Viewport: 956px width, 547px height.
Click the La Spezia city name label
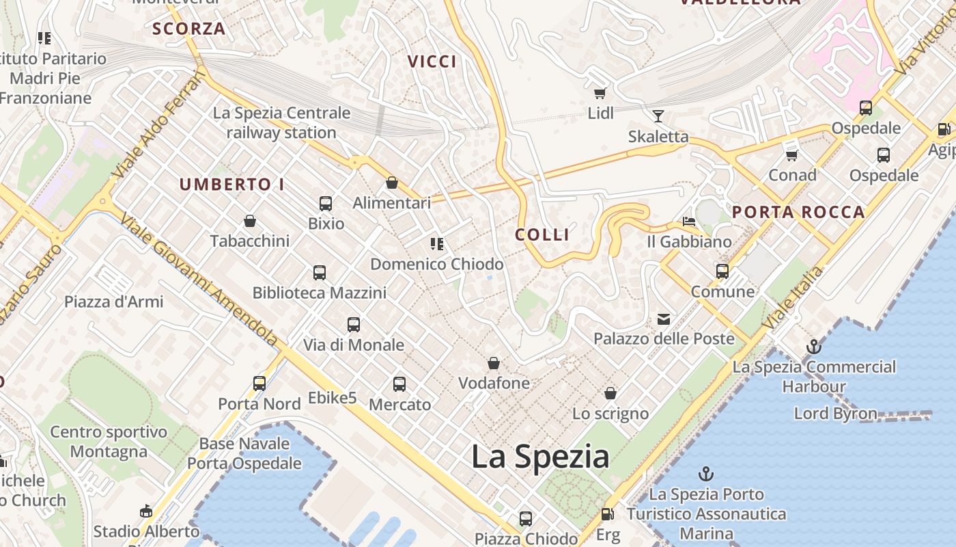[539, 457]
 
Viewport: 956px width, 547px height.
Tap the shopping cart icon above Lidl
[600, 93]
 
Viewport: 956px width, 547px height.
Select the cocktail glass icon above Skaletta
[658, 116]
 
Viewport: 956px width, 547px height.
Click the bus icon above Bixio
[326, 203]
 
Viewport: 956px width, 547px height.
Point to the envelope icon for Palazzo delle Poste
[664, 319]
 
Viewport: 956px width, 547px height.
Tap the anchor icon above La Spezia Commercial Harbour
[813, 347]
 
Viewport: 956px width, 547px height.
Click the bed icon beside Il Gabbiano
[689, 222]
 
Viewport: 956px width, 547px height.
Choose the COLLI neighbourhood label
[542, 235]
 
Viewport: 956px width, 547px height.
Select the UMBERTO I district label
[231, 185]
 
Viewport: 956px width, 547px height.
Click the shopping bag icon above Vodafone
[494, 363]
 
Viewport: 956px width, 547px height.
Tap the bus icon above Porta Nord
[259, 384]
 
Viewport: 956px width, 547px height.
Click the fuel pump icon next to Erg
[607, 514]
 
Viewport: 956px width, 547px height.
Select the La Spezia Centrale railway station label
[281, 122]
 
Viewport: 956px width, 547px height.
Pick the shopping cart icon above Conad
[792, 155]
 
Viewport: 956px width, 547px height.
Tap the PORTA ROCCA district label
[798, 212]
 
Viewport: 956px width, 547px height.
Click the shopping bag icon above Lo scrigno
[610, 393]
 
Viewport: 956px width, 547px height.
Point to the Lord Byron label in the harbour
[835, 414]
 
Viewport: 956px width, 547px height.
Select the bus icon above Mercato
[399, 384]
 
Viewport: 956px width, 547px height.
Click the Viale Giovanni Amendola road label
[199, 279]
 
